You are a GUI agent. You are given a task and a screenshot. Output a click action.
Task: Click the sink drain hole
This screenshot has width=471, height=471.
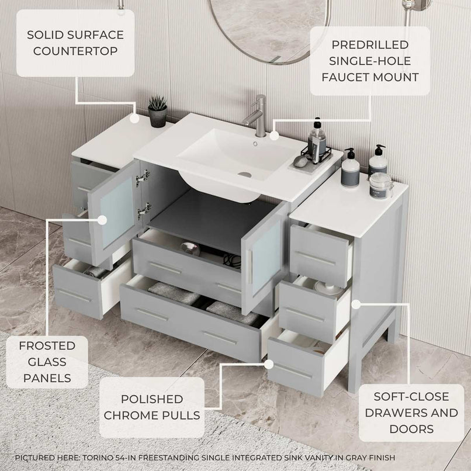click(245, 174)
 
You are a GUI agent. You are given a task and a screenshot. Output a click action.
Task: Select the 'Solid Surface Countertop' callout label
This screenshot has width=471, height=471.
click(75, 43)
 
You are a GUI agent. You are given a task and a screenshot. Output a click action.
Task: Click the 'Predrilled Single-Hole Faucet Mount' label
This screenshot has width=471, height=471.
click(369, 61)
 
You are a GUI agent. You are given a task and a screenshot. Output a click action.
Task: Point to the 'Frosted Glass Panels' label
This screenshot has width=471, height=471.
click(47, 362)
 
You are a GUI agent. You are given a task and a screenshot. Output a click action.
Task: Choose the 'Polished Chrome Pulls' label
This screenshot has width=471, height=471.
click(152, 407)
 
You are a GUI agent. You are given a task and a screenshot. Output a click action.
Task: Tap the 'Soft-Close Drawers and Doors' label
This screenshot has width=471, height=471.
click(411, 413)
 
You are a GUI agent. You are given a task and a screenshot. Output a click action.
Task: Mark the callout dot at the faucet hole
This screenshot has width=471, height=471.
click(274, 136)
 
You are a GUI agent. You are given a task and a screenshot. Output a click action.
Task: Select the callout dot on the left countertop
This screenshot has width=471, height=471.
click(134, 119)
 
